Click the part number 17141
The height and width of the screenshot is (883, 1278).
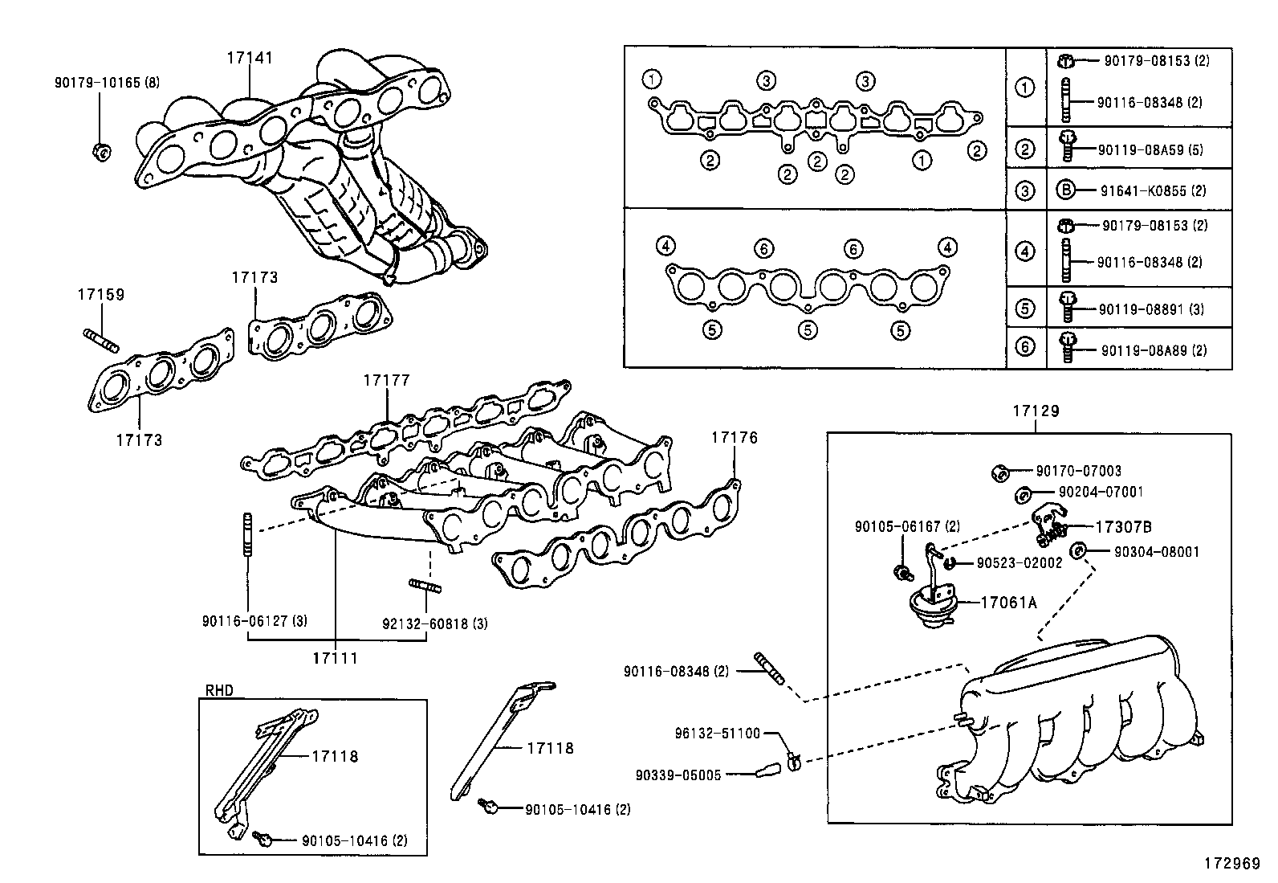tap(249, 57)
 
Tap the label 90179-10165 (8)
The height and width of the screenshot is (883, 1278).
tap(108, 81)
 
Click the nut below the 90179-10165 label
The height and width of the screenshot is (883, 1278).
tap(100, 149)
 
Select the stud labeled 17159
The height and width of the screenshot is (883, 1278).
tap(100, 341)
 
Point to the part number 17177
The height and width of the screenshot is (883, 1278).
tap(386, 380)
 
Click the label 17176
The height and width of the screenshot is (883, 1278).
tap(734, 438)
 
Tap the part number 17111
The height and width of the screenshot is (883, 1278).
tap(335, 658)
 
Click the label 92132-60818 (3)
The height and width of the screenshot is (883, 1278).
tap(434, 623)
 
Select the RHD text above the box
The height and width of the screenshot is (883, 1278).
tap(219, 691)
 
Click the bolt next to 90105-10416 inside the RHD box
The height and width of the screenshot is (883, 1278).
tap(263, 840)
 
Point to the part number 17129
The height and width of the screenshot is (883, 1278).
tap(1036, 411)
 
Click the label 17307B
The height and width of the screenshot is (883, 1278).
tap(1124, 527)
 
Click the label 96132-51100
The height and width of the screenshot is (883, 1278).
tap(716, 734)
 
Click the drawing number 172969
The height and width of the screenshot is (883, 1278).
tap(1231, 864)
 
